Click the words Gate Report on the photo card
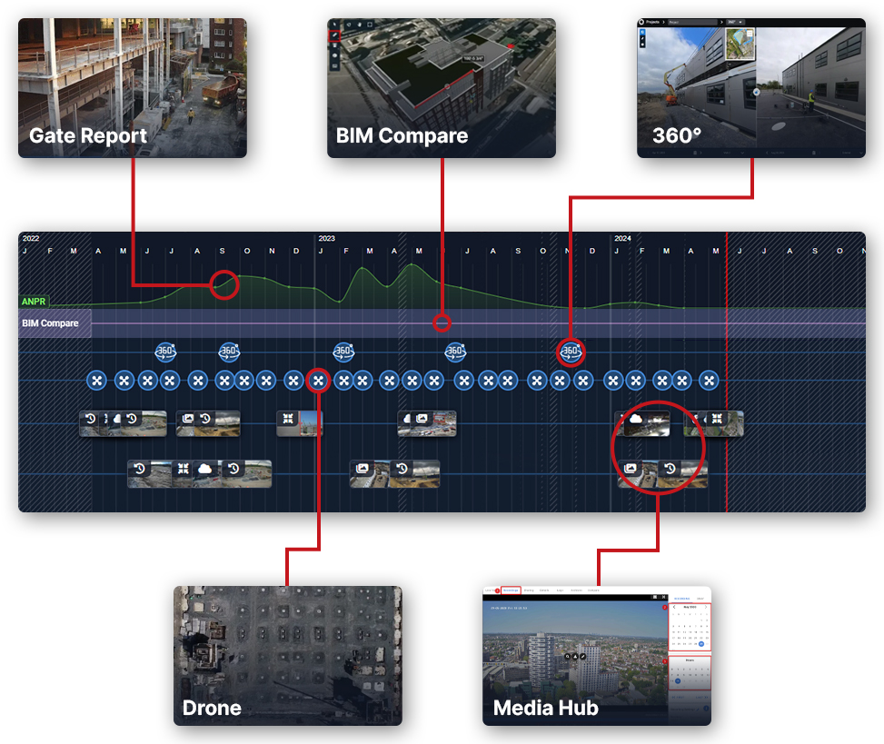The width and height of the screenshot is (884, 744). pos(88,136)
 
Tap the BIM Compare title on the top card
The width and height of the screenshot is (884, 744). pos(402,136)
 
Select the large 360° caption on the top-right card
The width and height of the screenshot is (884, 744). pos(677,136)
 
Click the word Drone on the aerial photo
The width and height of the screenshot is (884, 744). pos(212,708)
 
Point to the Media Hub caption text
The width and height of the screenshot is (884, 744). pos(545,708)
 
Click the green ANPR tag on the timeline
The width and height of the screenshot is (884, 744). pos(35,301)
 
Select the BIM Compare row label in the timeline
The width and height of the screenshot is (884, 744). pos(50,323)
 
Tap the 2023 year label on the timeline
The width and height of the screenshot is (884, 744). pos(326,239)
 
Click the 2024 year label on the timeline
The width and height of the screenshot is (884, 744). pos(622,239)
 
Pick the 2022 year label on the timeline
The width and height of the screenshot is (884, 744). pos(31,239)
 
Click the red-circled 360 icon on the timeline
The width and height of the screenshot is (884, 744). pos(571,352)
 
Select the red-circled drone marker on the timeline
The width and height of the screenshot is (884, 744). pos(318,380)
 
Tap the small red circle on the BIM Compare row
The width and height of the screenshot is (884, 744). pos(442,322)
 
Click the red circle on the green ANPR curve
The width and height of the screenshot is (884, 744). pos(224,284)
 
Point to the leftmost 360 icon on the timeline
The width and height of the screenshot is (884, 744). pos(165,352)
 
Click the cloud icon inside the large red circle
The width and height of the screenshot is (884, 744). pos(634,420)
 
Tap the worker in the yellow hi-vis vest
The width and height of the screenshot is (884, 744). pos(810,99)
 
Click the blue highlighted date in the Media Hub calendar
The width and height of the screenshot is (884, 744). pos(701,644)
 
